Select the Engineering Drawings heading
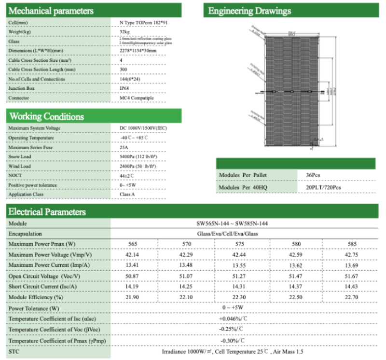(249, 11)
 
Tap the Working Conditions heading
(47, 116)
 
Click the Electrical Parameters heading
(47, 211)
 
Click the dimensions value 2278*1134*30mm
(138, 51)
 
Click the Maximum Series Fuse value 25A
(124, 147)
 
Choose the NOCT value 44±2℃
(128, 176)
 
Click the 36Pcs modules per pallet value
(313, 175)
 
